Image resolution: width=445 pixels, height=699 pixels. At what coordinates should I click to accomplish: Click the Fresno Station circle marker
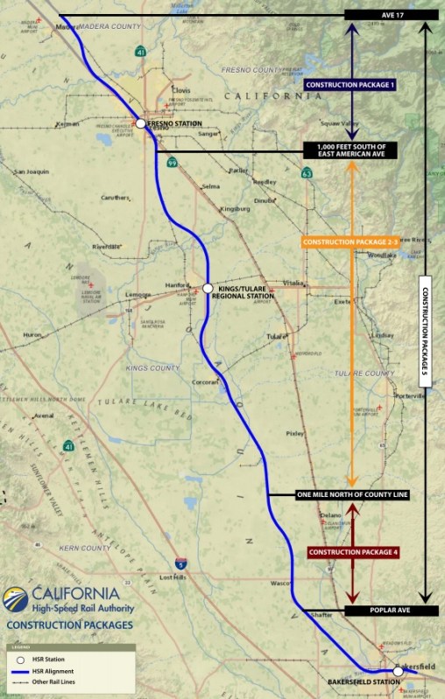pos(140,124)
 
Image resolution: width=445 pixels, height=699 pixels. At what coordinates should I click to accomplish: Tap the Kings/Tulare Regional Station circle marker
pos(208,288)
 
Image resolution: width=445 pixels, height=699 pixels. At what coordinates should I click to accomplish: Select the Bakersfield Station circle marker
pos(398,671)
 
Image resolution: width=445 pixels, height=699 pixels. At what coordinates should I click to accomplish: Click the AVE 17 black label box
pos(391,15)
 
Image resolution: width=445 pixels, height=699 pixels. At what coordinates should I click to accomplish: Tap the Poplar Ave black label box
pos(391,611)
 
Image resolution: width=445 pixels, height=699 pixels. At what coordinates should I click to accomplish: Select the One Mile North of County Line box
pos(353,495)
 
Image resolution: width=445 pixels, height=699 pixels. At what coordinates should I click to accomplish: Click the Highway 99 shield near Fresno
pos(173,162)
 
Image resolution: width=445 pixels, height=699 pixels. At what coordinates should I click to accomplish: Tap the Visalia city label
pos(293,283)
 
